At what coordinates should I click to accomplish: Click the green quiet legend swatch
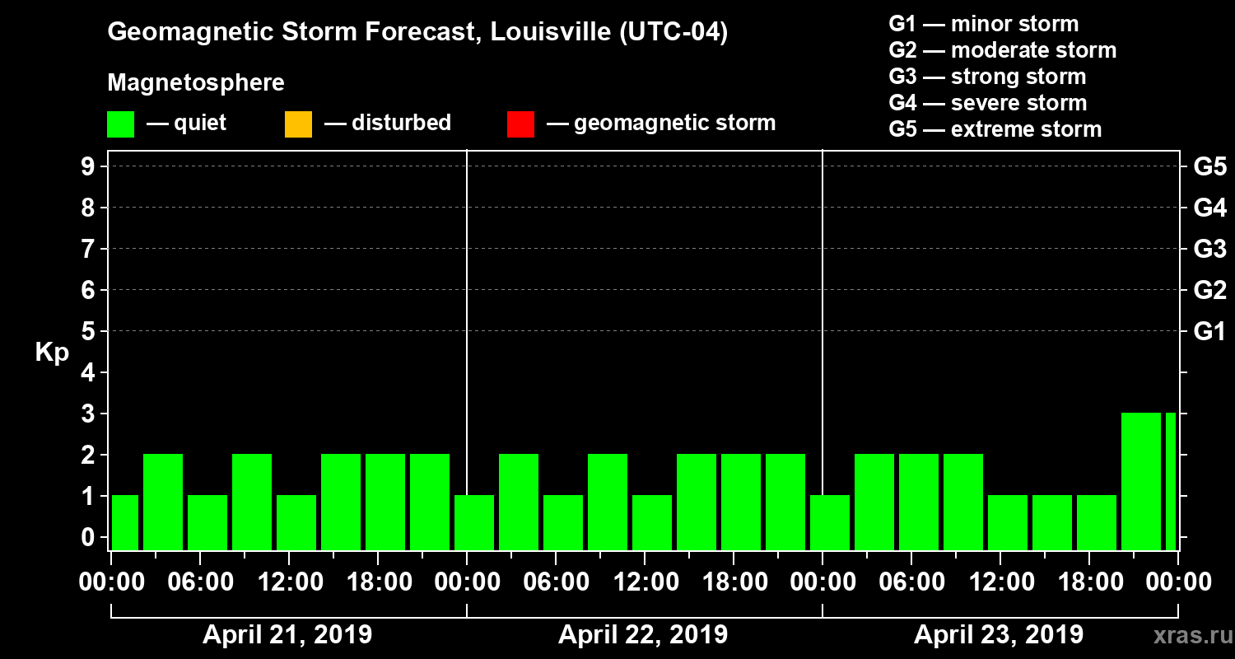(120, 124)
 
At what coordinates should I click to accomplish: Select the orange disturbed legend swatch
(298, 124)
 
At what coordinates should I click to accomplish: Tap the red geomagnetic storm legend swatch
(520, 124)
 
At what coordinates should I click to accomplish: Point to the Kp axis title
(52, 353)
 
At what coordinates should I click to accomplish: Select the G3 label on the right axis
(1209, 249)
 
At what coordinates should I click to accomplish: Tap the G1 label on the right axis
(1209, 331)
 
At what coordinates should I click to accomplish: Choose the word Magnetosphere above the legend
(196, 83)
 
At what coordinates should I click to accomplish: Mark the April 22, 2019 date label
(643, 635)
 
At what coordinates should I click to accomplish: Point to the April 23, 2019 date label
(999, 635)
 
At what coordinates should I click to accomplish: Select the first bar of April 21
(125, 522)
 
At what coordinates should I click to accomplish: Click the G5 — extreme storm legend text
(995, 129)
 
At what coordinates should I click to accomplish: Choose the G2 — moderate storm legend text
(1002, 50)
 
